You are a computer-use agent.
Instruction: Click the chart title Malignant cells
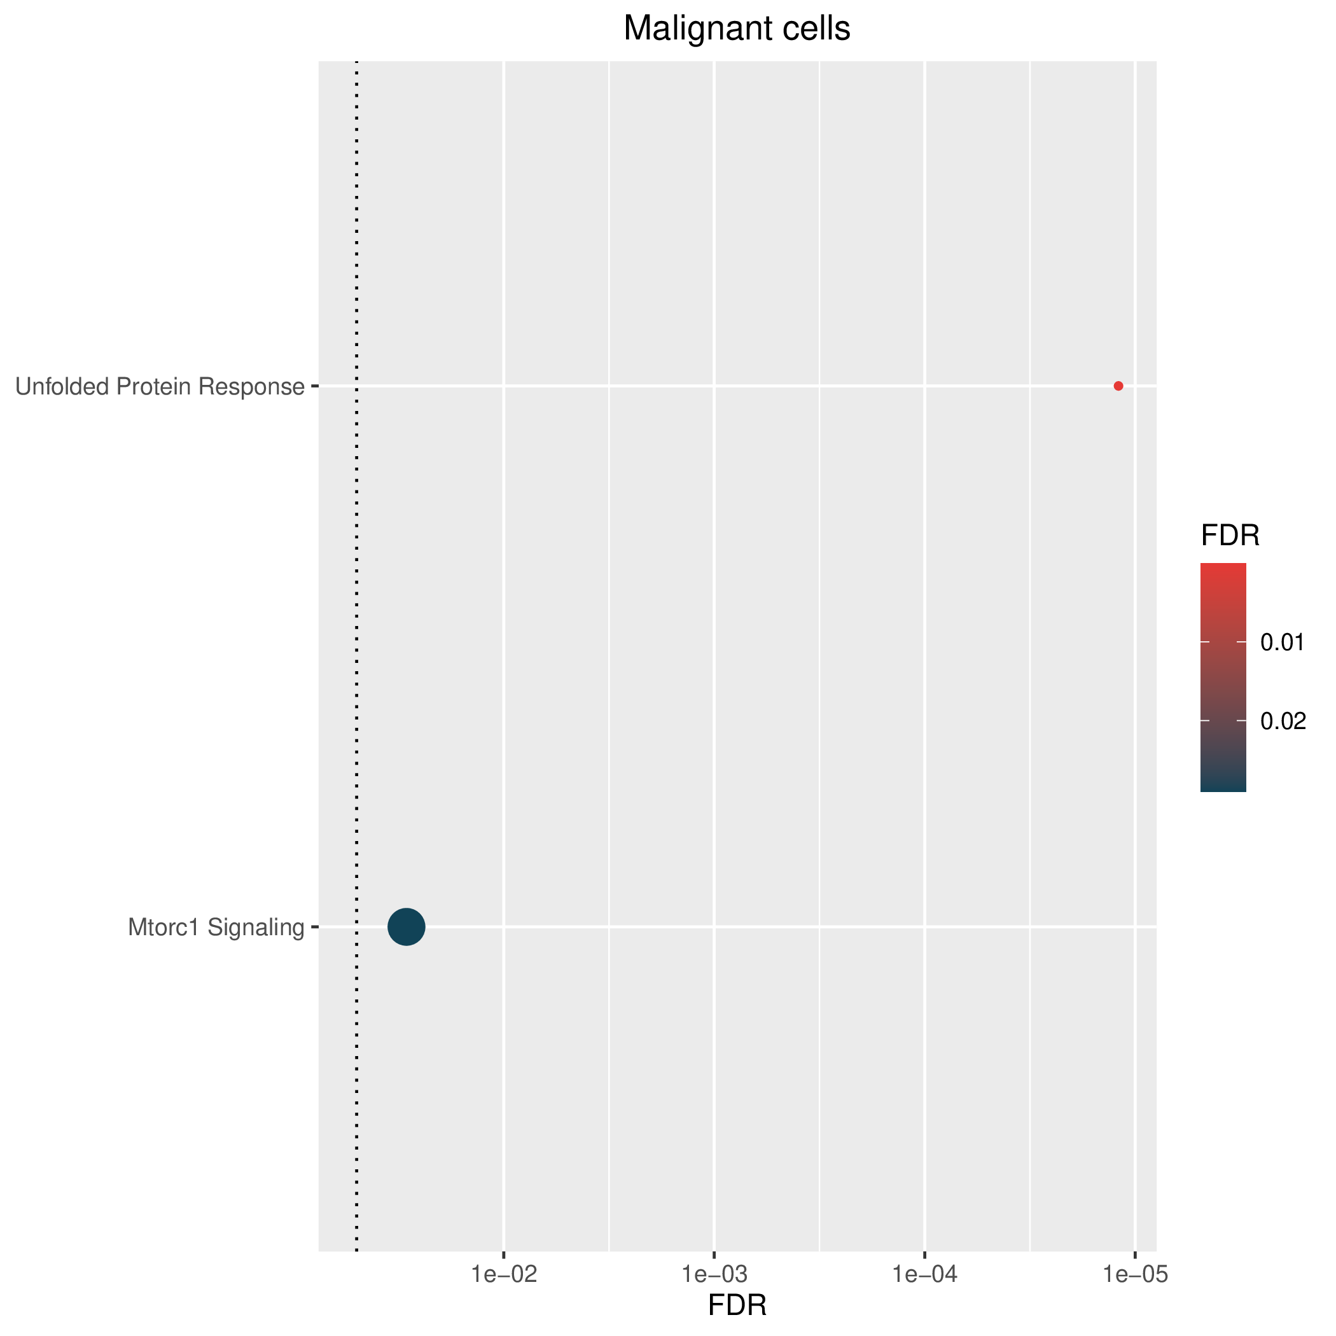[x=737, y=29]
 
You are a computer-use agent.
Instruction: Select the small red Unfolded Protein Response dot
[x=1118, y=386]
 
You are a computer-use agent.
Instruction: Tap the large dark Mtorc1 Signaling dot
[x=407, y=927]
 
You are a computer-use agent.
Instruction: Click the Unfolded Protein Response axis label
[x=160, y=387]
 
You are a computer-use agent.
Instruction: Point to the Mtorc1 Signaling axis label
[x=216, y=928]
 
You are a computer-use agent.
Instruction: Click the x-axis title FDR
[x=737, y=1305]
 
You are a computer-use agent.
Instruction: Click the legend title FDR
[x=1230, y=535]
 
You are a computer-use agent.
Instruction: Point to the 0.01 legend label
[x=1282, y=643]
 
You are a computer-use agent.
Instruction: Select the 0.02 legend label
[x=1283, y=721]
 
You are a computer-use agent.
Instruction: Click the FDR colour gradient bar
[x=1223, y=677]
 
